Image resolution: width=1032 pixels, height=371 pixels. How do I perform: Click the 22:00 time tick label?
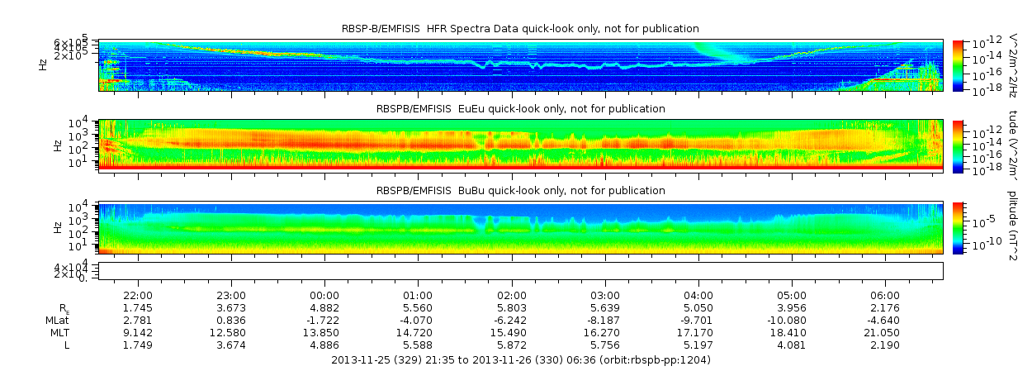(x=137, y=295)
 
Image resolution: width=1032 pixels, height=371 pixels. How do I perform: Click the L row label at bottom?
(x=68, y=345)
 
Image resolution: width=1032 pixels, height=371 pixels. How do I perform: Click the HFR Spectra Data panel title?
(x=520, y=30)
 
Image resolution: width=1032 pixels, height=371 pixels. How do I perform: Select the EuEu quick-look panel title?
(x=520, y=109)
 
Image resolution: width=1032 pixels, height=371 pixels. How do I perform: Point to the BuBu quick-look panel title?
(x=520, y=191)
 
